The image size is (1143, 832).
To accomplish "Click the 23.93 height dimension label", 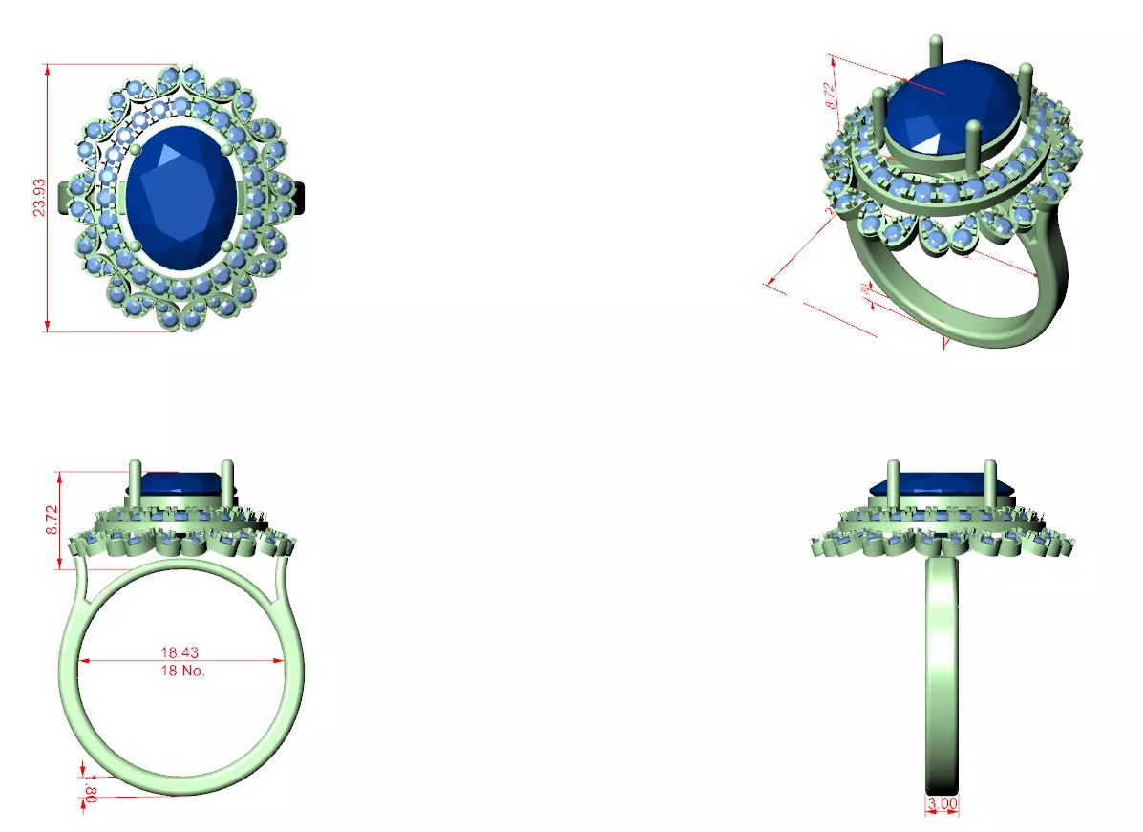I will tap(39, 198).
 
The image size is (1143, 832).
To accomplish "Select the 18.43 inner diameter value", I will tap(180, 652).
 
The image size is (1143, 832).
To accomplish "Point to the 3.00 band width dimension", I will tap(942, 804).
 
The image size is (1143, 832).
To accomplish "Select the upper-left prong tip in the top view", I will tap(135, 149).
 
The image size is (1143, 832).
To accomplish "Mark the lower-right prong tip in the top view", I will tap(227, 246).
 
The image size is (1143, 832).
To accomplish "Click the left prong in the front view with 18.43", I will tap(136, 482).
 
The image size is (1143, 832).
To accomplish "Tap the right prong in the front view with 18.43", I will tap(228, 482).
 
